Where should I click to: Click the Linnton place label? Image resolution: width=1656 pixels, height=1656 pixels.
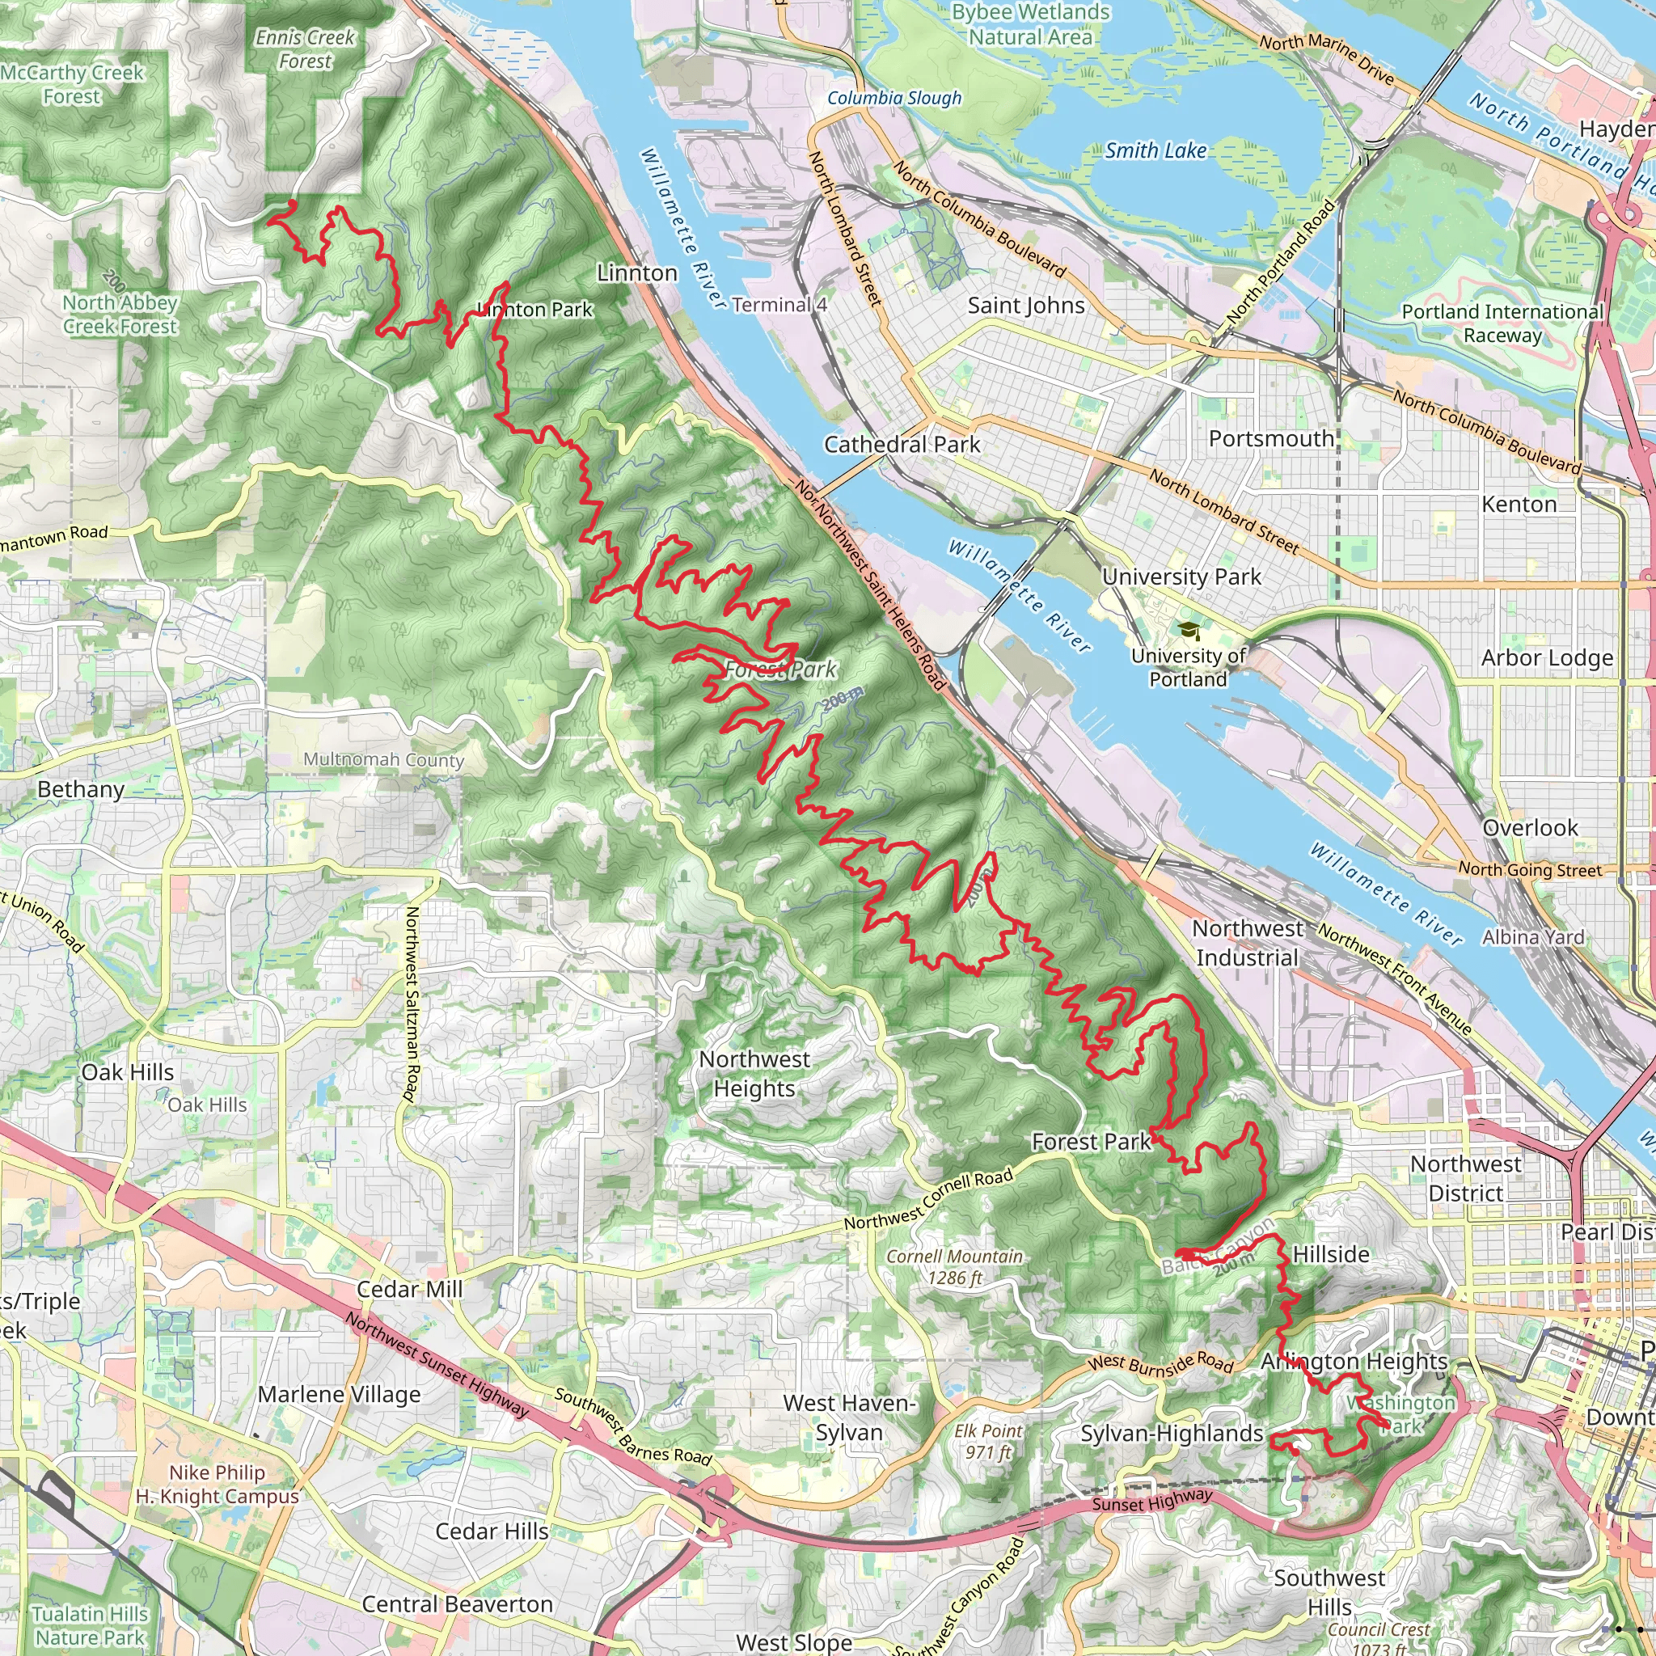(637, 273)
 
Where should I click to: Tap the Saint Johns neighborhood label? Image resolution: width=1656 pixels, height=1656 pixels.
(1026, 306)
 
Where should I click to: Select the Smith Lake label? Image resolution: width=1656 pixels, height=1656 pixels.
(1155, 151)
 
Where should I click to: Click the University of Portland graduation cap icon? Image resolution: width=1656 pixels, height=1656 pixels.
(1189, 632)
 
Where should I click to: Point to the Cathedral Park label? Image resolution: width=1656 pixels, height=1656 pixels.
(902, 444)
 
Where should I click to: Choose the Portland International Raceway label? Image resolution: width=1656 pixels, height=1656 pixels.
(1502, 323)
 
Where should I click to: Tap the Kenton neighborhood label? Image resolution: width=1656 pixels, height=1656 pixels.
(1519, 504)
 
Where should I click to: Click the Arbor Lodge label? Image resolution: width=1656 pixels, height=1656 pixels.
(1547, 658)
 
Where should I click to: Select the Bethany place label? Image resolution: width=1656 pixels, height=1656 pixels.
(82, 789)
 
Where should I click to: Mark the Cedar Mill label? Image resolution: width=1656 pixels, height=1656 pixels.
(410, 1289)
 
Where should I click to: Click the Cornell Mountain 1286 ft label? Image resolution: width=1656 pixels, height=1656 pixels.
(955, 1267)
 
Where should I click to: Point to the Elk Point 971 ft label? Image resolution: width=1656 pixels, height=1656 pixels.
(988, 1441)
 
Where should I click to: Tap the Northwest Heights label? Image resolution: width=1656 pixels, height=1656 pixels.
(754, 1074)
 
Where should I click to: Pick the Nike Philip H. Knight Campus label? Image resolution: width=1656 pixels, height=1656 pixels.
(217, 1485)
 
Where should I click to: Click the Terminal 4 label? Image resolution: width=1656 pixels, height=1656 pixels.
(779, 305)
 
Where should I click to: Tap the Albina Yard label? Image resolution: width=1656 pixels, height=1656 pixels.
(1533, 937)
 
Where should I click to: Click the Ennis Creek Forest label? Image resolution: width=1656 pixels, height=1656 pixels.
(305, 49)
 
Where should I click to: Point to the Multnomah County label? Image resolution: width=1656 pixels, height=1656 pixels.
(384, 759)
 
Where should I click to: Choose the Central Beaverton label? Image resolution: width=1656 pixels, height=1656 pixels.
(457, 1603)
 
